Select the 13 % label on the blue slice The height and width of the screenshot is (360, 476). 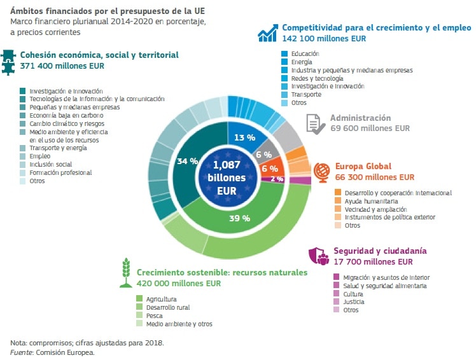pyautogui.click(x=245, y=137)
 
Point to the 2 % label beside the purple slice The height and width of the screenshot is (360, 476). pyautogui.click(x=277, y=179)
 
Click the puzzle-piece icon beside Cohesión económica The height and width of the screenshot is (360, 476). pyautogui.click(x=10, y=62)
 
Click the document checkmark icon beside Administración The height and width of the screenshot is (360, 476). pyautogui.click(x=315, y=123)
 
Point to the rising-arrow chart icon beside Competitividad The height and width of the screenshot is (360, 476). pyautogui.click(x=268, y=33)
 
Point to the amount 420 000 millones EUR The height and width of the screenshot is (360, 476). pyautogui.click(x=179, y=284)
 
